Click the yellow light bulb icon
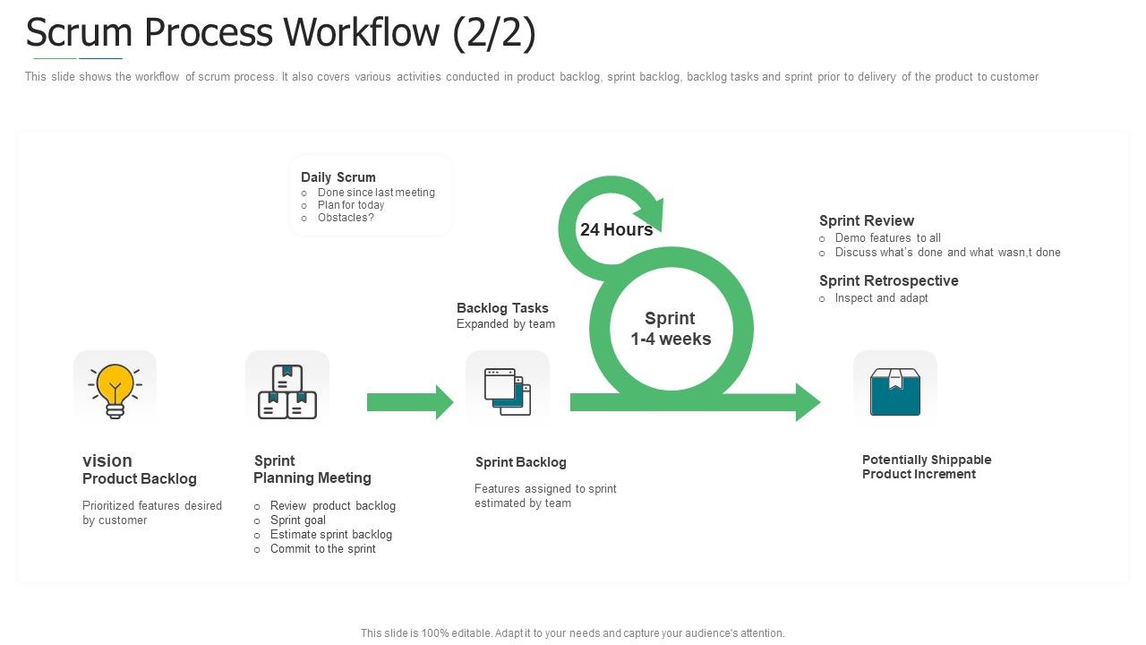[115, 390]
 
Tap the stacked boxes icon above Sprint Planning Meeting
[286, 391]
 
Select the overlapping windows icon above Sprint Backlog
[508, 391]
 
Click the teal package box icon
[894, 391]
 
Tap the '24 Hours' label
[616, 229]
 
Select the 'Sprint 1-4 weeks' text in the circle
[670, 329]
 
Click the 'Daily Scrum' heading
[338, 177]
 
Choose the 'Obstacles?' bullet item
[346, 218]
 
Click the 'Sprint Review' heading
[866, 220]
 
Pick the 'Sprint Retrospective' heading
[888, 280]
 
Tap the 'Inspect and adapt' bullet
[881, 298]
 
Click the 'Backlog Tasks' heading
[502, 308]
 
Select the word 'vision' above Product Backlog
[107, 460]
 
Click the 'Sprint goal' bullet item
[298, 520]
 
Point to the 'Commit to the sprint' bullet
[323, 549]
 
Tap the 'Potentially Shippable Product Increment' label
[926, 467]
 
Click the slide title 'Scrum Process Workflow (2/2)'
[281, 33]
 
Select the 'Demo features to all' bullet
[887, 238]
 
